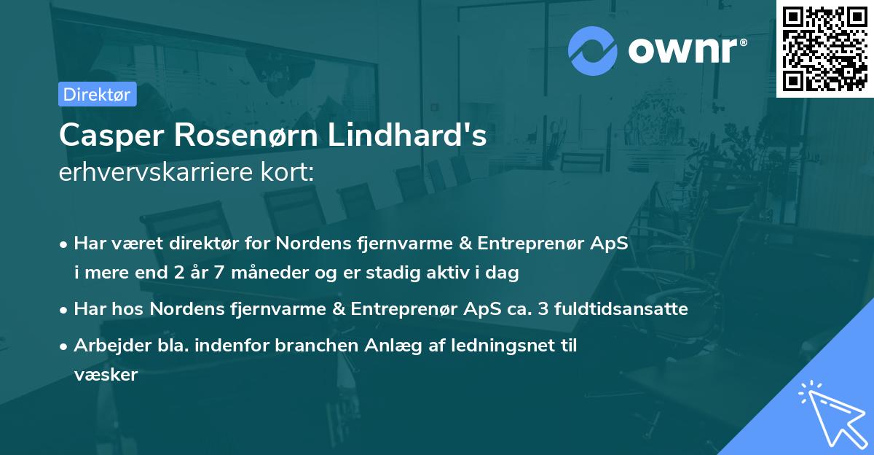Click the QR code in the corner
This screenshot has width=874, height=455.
click(825, 48)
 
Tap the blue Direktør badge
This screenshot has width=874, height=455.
click(97, 94)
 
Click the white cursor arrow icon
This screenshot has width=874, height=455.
click(830, 411)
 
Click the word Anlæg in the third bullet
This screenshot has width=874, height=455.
click(385, 346)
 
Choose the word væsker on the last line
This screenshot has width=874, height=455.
click(106, 375)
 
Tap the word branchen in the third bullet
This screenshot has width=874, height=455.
click(310, 346)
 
